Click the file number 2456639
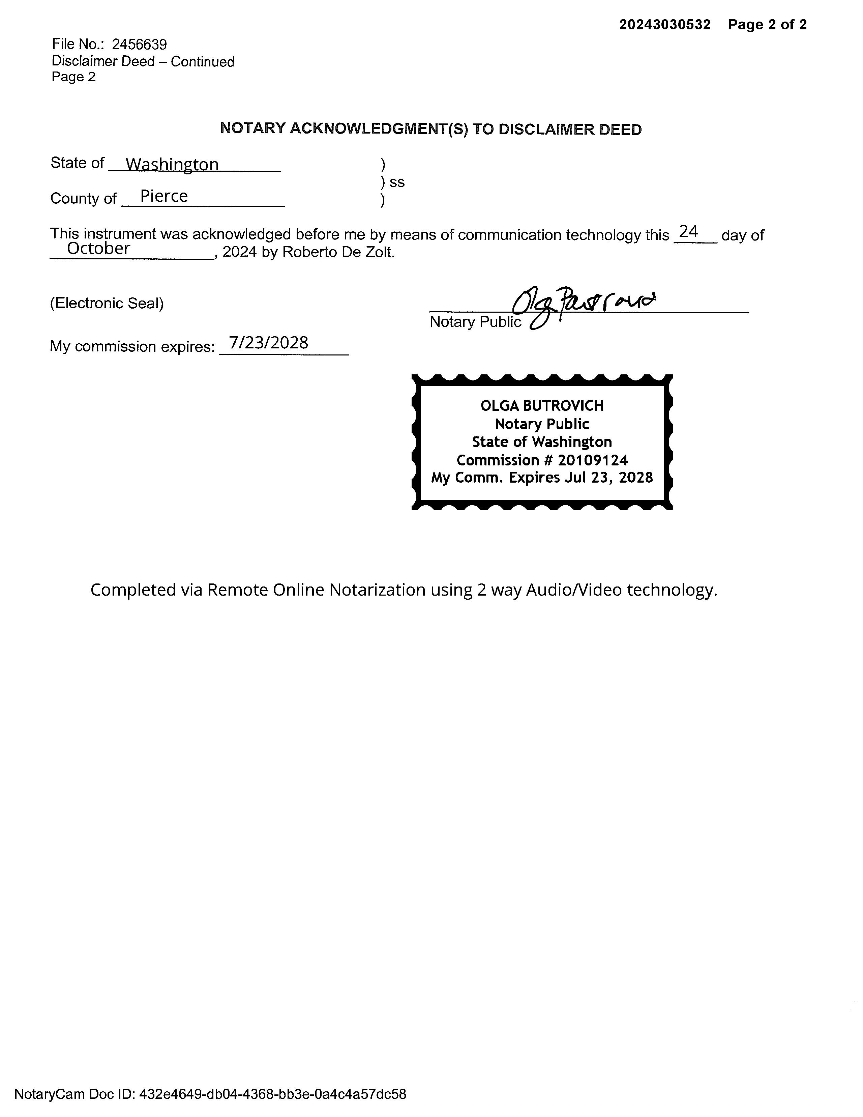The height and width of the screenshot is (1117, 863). tap(139, 45)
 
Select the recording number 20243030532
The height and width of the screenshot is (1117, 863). tap(665, 25)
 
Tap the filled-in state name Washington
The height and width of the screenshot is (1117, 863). tap(172, 164)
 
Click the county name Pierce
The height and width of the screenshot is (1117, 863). tap(163, 196)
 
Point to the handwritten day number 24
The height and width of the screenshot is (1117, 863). tap(689, 232)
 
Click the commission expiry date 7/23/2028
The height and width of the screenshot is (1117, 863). tap(268, 342)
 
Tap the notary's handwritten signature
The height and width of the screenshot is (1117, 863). tap(583, 304)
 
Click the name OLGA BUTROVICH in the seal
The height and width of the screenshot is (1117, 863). tap(542, 406)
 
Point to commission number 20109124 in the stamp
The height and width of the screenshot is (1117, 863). tap(593, 460)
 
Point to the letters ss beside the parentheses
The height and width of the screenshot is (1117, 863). tap(397, 182)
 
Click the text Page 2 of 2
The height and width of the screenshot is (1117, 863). tap(767, 25)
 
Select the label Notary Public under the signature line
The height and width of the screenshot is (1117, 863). tap(475, 322)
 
